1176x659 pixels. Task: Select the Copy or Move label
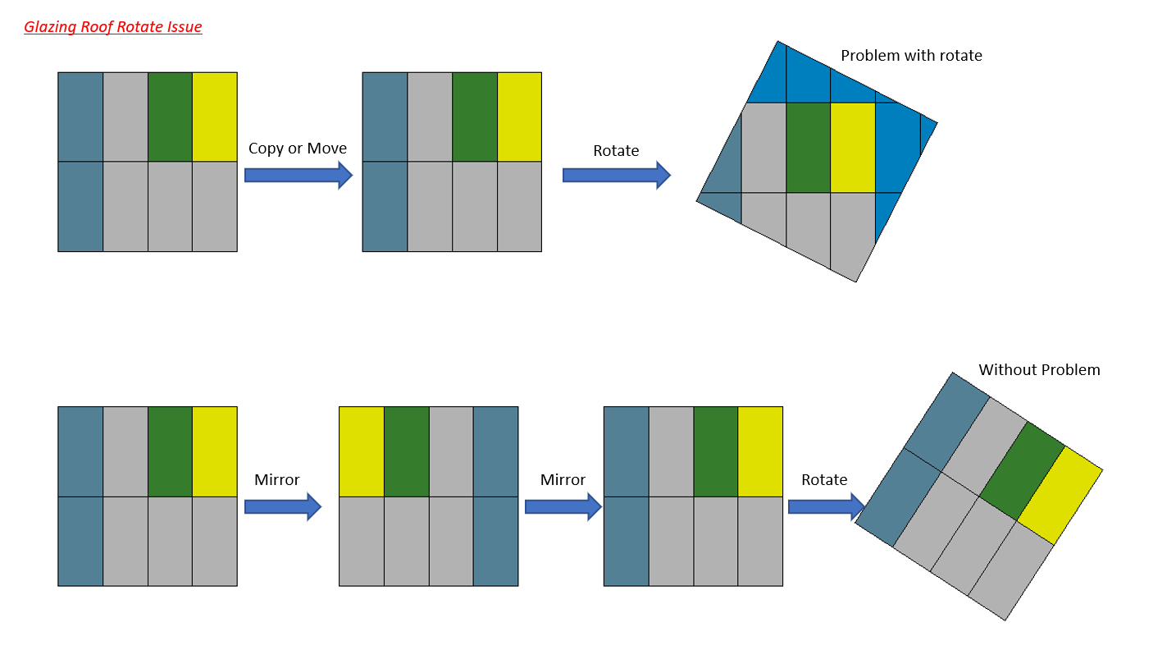pos(298,149)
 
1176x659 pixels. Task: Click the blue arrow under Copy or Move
pos(298,175)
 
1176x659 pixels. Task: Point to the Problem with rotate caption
pos(911,56)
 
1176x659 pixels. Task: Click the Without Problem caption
pos(1039,370)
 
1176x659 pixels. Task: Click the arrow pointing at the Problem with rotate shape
pos(616,175)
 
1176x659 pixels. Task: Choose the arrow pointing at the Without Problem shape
pos(824,506)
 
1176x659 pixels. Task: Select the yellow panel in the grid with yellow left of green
pos(362,451)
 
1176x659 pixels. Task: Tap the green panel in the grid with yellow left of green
pos(406,451)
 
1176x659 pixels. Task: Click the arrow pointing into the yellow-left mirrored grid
pos(282,506)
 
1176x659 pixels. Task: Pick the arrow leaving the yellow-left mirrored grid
pos(563,506)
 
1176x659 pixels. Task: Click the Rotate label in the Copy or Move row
pos(616,151)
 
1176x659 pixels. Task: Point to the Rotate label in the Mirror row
pos(824,480)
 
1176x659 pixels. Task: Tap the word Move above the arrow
pos(326,149)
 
